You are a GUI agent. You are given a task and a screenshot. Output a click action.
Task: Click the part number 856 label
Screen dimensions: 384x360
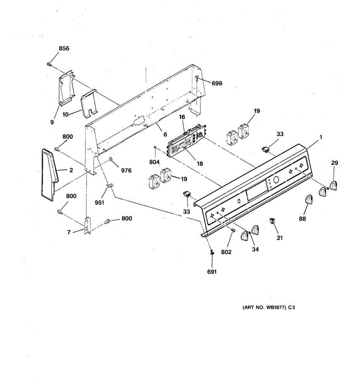coord(64,49)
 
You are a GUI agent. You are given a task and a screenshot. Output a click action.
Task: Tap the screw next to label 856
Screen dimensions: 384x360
coord(49,64)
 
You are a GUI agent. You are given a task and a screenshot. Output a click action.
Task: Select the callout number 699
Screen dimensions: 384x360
coord(217,84)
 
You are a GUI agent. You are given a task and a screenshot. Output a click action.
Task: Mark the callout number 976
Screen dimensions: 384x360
coord(126,171)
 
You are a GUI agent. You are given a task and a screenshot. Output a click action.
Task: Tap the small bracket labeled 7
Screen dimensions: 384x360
coord(88,225)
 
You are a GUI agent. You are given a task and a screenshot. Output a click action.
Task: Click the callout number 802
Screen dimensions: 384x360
coord(226,252)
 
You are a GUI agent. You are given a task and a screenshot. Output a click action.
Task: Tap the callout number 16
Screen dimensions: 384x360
coord(182,117)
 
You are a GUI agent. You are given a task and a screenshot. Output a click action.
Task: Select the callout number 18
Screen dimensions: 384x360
coord(200,164)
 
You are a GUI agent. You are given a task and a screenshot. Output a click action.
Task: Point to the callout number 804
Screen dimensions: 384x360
coord(155,163)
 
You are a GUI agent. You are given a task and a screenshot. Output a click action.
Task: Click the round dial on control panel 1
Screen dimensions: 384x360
coord(276,180)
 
